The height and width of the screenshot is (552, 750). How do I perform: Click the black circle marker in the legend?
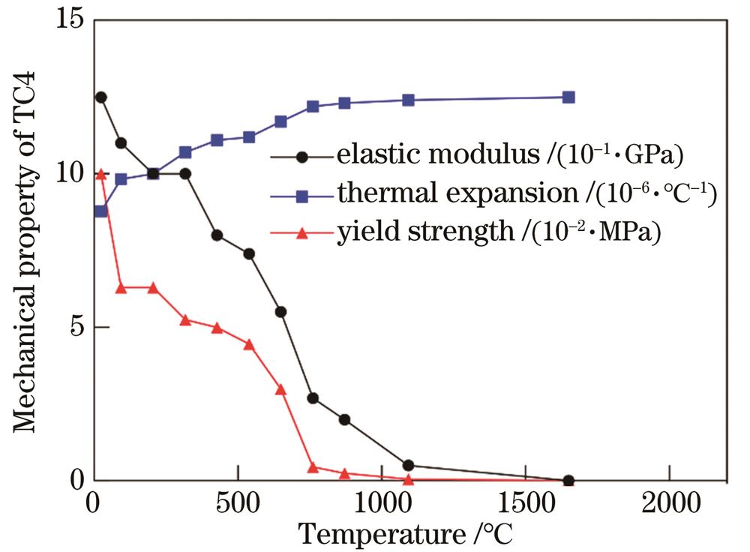(302, 157)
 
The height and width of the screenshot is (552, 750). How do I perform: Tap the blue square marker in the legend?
(302, 196)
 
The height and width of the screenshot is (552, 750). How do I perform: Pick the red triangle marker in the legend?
(302, 234)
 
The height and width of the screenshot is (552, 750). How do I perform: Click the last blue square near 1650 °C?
(568, 97)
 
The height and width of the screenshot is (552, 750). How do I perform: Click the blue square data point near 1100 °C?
(409, 100)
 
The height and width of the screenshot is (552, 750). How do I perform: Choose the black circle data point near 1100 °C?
(409, 466)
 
